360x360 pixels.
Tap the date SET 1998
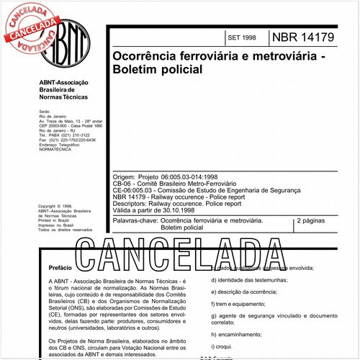pos(241,37)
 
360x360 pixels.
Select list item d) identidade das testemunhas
pos(249,279)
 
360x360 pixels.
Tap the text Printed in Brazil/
pos(54,220)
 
